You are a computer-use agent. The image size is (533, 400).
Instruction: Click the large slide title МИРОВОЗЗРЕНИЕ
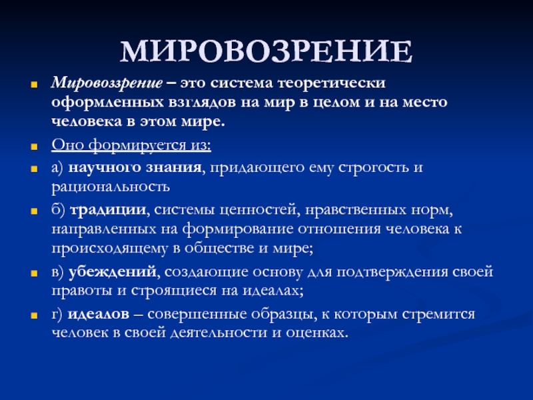(x=266, y=52)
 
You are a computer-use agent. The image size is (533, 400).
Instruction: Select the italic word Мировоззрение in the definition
(x=107, y=83)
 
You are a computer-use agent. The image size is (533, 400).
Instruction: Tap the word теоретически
(x=332, y=83)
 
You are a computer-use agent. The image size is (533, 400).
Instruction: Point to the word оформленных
(x=107, y=103)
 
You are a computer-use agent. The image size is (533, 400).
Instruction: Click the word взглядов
(x=202, y=103)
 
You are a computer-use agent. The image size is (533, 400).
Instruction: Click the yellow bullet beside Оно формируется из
(x=34, y=147)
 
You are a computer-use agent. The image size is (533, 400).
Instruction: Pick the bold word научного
(x=105, y=168)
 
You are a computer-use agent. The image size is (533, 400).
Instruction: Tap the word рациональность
(x=111, y=187)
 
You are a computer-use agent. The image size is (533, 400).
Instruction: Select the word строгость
(x=374, y=168)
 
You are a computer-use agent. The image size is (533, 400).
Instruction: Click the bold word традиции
(x=108, y=210)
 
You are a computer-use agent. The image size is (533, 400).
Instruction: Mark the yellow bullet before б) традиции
(x=34, y=211)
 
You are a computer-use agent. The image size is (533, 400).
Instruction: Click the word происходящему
(x=110, y=248)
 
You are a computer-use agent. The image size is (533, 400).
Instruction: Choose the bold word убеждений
(x=113, y=272)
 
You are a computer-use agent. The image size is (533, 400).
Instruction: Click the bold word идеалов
(x=99, y=314)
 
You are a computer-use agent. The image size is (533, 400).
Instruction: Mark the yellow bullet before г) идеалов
(x=34, y=315)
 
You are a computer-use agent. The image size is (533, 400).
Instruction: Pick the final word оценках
(x=317, y=333)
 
